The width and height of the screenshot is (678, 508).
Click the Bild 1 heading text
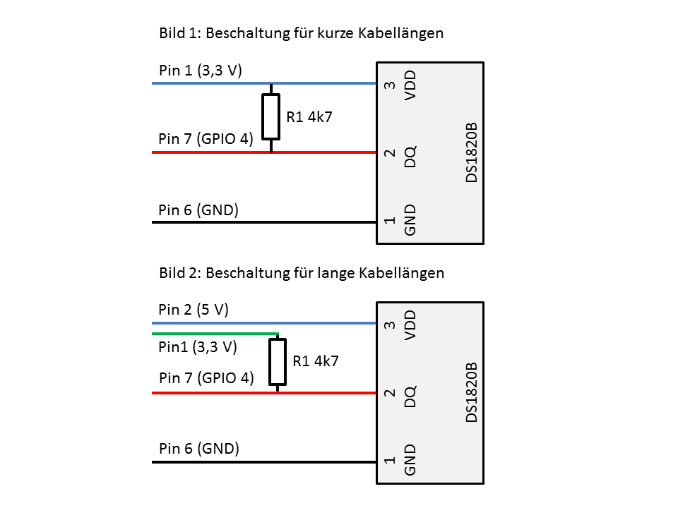click(301, 33)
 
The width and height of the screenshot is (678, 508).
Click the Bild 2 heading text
click(302, 272)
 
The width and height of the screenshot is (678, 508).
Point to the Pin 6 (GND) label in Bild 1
click(198, 210)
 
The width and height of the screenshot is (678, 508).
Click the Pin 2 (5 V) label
click(194, 310)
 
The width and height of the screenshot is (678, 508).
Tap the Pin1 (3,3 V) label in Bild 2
click(198, 346)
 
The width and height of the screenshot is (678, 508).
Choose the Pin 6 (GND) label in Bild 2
click(199, 448)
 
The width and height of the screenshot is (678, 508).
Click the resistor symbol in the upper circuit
click(271, 116)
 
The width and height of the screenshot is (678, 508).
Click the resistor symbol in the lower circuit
click(278, 361)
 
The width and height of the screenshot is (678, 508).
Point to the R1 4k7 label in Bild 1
click(309, 116)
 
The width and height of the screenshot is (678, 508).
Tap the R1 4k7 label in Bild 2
click(316, 361)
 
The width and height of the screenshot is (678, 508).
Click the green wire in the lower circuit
click(212, 333)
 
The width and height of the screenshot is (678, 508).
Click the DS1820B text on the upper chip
click(472, 152)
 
